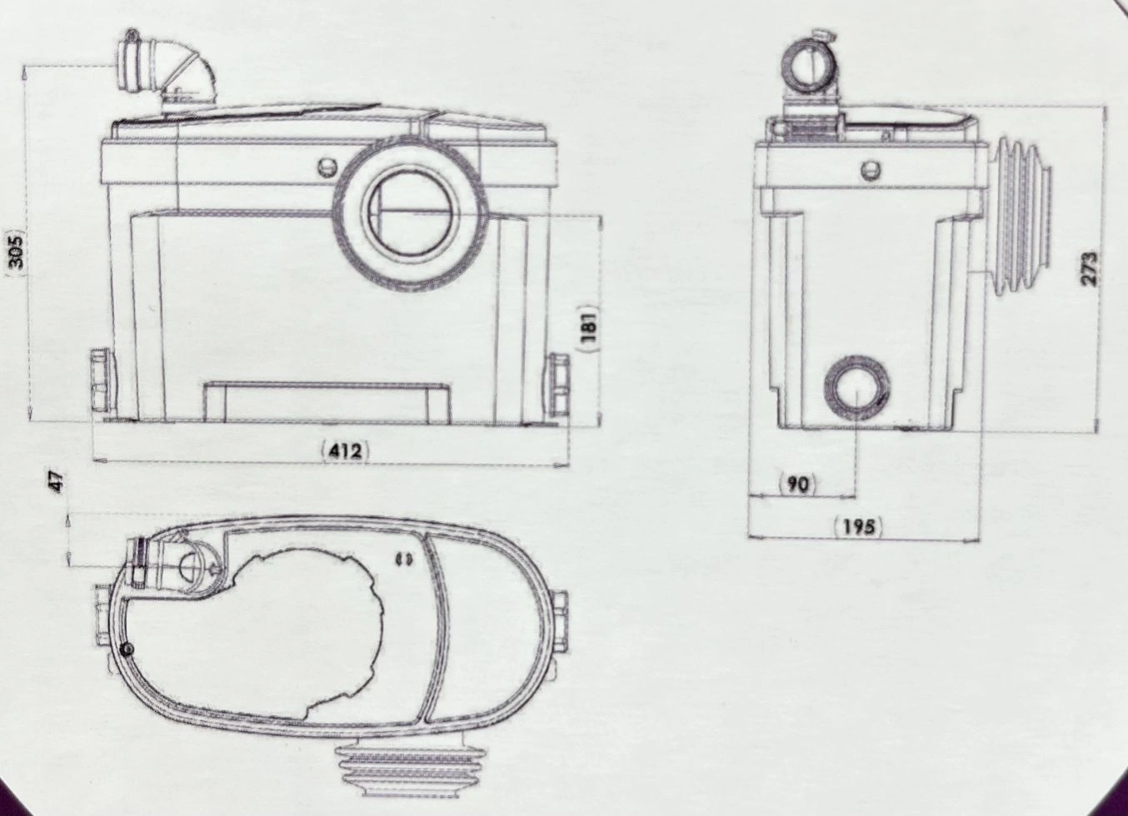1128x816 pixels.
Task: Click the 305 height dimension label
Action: point(14,247)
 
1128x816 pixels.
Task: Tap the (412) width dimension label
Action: point(344,450)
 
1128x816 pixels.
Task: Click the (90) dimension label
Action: point(797,483)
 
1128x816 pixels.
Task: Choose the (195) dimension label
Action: point(857,525)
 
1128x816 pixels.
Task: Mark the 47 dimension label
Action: point(55,483)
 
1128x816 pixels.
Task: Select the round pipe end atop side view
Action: point(807,67)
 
